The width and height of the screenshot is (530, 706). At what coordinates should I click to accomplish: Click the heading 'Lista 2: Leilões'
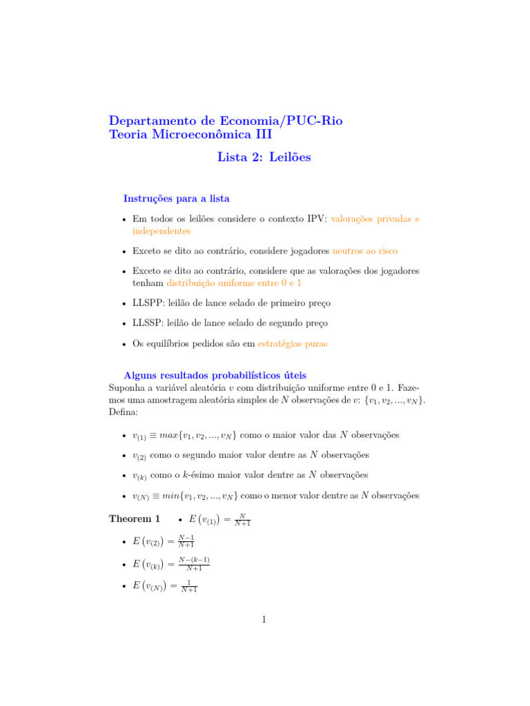[264, 157]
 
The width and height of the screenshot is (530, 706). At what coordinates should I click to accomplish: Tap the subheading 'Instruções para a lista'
[176, 199]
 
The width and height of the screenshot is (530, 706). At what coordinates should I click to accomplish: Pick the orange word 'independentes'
[161, 231]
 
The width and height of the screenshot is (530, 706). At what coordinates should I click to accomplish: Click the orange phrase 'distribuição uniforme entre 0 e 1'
[234, 283]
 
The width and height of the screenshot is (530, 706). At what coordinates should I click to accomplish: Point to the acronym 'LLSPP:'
[148, 303]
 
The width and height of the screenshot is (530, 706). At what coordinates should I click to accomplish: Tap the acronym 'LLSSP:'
[148, 323]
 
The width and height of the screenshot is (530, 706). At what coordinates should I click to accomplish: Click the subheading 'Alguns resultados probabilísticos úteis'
[215, 375]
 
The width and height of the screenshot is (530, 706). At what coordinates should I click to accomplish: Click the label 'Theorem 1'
[135, 518]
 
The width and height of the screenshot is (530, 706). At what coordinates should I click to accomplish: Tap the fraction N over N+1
[242, 519]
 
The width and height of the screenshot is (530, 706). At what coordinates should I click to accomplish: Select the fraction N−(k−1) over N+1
[194, 563]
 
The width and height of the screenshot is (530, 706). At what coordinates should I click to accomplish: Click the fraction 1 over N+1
[188, 586]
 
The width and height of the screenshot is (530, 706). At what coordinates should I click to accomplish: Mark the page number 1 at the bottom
[264, 620]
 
